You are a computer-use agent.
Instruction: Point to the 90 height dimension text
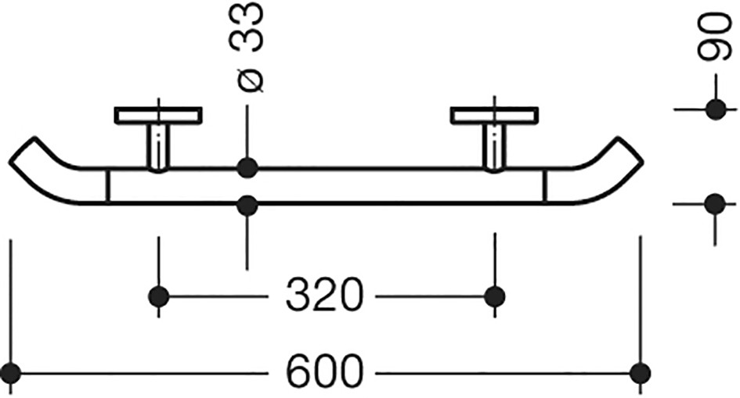coord(715,38)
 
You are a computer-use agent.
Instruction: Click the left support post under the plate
coord(159,148)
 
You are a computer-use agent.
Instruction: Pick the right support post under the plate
coord(495,148)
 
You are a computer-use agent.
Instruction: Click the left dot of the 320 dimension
coord(158,296)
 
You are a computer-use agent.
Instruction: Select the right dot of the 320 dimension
coord(495,296)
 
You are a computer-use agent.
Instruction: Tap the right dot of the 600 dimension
coord(641,373)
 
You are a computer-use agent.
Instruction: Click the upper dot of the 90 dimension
coord(716,109)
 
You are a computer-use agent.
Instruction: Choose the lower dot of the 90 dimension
coord(716,204)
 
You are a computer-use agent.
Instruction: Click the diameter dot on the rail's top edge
coord(247,167)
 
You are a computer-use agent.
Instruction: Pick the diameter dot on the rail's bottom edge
coord(247,206)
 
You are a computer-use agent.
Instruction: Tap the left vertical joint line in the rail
coord(108,185)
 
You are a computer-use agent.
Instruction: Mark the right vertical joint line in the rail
coord(545,185)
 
